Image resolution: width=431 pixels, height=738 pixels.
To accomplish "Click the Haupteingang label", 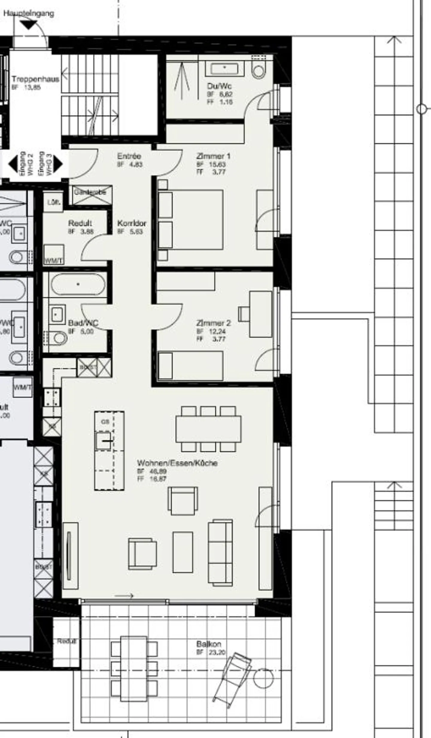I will (x=29, y=13).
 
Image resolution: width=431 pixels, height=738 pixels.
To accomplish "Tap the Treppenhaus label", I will (x=35, y=79).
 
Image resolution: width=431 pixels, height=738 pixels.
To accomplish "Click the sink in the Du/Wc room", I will (x=224, y=69).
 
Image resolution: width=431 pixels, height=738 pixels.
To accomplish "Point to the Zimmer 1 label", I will (x=213, y=156).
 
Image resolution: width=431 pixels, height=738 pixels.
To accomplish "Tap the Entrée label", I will (x=129, y=156).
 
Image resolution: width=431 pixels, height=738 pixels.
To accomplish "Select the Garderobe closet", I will (x=92, y=195).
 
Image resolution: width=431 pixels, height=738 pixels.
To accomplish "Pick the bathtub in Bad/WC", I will (x=78, y=284).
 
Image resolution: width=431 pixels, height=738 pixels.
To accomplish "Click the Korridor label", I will (x=132, y=223).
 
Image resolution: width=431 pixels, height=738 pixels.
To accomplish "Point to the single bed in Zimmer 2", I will (x=190, y=366).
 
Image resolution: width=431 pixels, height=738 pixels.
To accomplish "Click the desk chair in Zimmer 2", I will (x=244, y=314).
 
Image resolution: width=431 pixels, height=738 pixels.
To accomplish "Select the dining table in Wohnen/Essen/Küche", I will (x=208, y=429).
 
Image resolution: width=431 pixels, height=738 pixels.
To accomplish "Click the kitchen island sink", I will (x=103, y=441).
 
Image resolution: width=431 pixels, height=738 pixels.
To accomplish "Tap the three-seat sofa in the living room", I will (x=220, y=553).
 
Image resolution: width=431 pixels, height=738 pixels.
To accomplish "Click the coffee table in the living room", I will (x=183, y=552).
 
